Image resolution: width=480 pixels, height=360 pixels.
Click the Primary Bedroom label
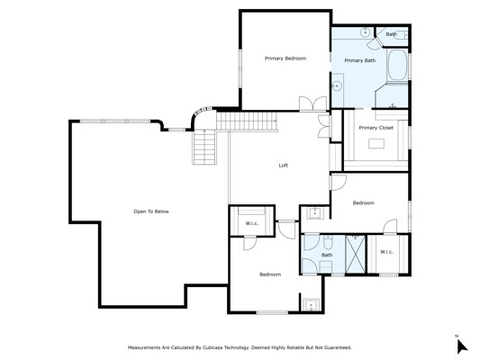pyautogui.click(x=285, y=58)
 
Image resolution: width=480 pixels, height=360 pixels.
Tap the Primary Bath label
pyautogui.click(x=360, y=60)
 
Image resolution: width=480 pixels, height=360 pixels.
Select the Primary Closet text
pyautogui.click(x=376, y=128)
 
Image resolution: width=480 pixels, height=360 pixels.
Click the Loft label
pyautogui.click(x=283, y=166)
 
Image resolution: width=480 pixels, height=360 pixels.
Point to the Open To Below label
pyautogui.click(x=151, y=211)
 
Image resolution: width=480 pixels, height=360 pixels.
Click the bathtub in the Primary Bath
pyautogui.click(x=397, y=65)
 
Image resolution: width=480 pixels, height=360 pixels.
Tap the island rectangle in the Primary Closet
pyautogui.click(x=376, y=143)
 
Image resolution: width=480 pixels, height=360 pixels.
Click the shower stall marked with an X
pyautogui.click(x=356, y=254)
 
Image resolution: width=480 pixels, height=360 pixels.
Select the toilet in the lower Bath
pyautogui.click(x=328, y=241)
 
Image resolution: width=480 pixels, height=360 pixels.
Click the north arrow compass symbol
pyautogui.click(x=462, y=346)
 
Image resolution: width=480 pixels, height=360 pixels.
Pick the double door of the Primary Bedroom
pyautogui.click(x=312, y=103)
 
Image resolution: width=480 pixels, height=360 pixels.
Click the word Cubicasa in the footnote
pyautogui.click(x=213, y=347)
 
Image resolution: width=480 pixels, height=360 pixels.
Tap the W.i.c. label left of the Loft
pyautogui.click(x=252, y=223)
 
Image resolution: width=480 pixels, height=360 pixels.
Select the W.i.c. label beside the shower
pyautogui.click(x=386, y=252)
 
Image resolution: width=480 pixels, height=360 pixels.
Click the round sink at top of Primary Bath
pyautogui.click(x=366, y=32)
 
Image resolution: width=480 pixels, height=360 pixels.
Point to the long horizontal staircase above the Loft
pyautogui.click(x=247, y=121)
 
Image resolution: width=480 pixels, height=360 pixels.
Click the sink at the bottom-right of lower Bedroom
pyautogui.click(x=312, y=304)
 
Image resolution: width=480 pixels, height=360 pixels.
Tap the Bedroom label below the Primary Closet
pyautogui.click(x=363, y=202)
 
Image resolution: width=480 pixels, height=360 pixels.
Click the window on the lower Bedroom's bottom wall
pyautogui.click(x=272, y=312)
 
